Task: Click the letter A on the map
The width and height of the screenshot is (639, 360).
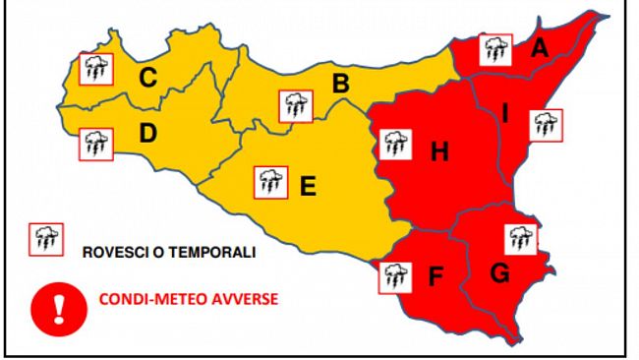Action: pyautogui.click(x=539, y=46)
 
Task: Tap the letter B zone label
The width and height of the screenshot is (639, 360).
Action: pyautogui.click(x=340, y=85)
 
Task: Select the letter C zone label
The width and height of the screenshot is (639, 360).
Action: pyautogui.click(x=147, y=76)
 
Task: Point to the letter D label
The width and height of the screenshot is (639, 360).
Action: pyautogui.click(x=147, y=133)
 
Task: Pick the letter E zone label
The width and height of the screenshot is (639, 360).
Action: pyautogui.click(x=308, y=184)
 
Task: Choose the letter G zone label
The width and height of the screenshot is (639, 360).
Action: pyautogui.click(x=499, y=274)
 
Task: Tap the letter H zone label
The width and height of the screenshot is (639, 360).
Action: pyautogui.click(x=439, y=151)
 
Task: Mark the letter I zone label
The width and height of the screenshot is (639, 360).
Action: pyautogui.click(x=505, y=114)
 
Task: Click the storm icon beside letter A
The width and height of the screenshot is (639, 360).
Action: pyautogui.click(x=495, y=50)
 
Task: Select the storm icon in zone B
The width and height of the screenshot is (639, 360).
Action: pyautogui.click(x=294, y=104)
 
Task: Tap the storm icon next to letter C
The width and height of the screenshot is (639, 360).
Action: pyautogui.click(x=95, y=69)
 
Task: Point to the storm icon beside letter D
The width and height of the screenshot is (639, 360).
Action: pyautogui.click(x=95, y=144)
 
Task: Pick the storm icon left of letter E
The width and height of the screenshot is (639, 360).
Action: pyautogui.click(x=269, y=182)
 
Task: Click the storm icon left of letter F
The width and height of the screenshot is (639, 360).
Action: pyautogui.click(x=395, y=276)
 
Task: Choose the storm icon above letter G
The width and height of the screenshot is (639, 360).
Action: pyautogui.click(x=521, y=239)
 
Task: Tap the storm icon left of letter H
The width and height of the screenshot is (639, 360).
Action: pyautogui.click(x=395, y=146)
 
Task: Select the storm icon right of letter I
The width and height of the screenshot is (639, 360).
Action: pyautogui.click(x=546, y=125)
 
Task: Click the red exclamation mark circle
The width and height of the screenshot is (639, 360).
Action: pyautogui.click(x=58, y=308)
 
